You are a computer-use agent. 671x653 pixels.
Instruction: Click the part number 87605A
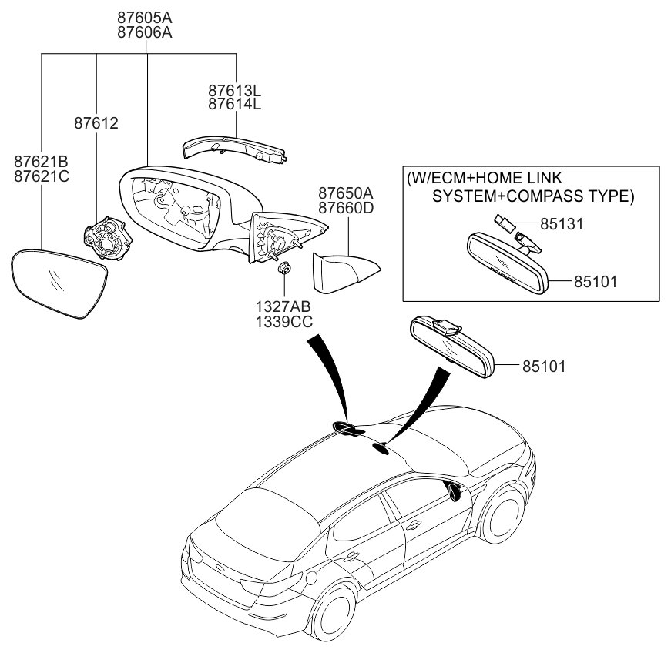(145, 17)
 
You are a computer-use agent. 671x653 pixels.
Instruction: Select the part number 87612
(96, 122)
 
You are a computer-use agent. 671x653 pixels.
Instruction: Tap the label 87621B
(42, 161)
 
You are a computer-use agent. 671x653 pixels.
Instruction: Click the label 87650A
(347, 193)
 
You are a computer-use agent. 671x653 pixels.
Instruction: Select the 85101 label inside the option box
(596, 282)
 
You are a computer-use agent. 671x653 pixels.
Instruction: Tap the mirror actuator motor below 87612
(108, 239)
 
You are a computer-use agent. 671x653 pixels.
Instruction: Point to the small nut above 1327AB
(284, 270)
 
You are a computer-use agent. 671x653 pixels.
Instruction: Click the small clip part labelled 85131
(504, 224)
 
